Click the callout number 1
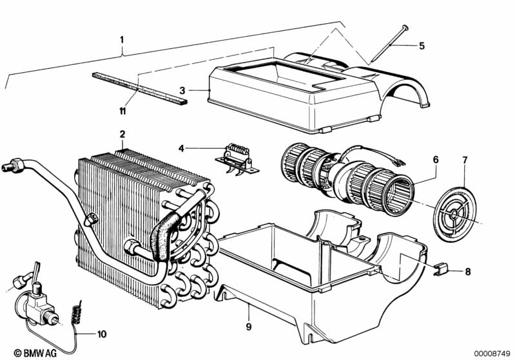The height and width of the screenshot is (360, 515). coord(122,40)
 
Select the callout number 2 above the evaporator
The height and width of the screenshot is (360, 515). coord(122,134)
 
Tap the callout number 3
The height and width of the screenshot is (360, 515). coord(182,90)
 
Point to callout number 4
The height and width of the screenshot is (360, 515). coord(181,149)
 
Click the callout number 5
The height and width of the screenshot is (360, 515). coord(422,46)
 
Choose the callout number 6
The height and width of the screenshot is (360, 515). coord(436,160)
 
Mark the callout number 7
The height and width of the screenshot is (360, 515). coord(465,160)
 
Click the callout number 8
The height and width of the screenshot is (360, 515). coord(468,272)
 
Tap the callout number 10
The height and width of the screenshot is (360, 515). coord(102,334)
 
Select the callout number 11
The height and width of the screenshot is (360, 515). coord(122,111)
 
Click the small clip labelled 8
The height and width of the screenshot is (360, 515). coord(440,269)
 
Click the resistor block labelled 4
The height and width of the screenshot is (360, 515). coord(237,158)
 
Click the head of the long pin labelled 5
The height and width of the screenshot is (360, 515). coord(405,28)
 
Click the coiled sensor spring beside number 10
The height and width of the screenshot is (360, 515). coord(77,314)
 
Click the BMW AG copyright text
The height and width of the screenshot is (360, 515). coord(35,353)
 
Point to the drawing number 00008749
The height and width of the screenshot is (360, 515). coord(492,353)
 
